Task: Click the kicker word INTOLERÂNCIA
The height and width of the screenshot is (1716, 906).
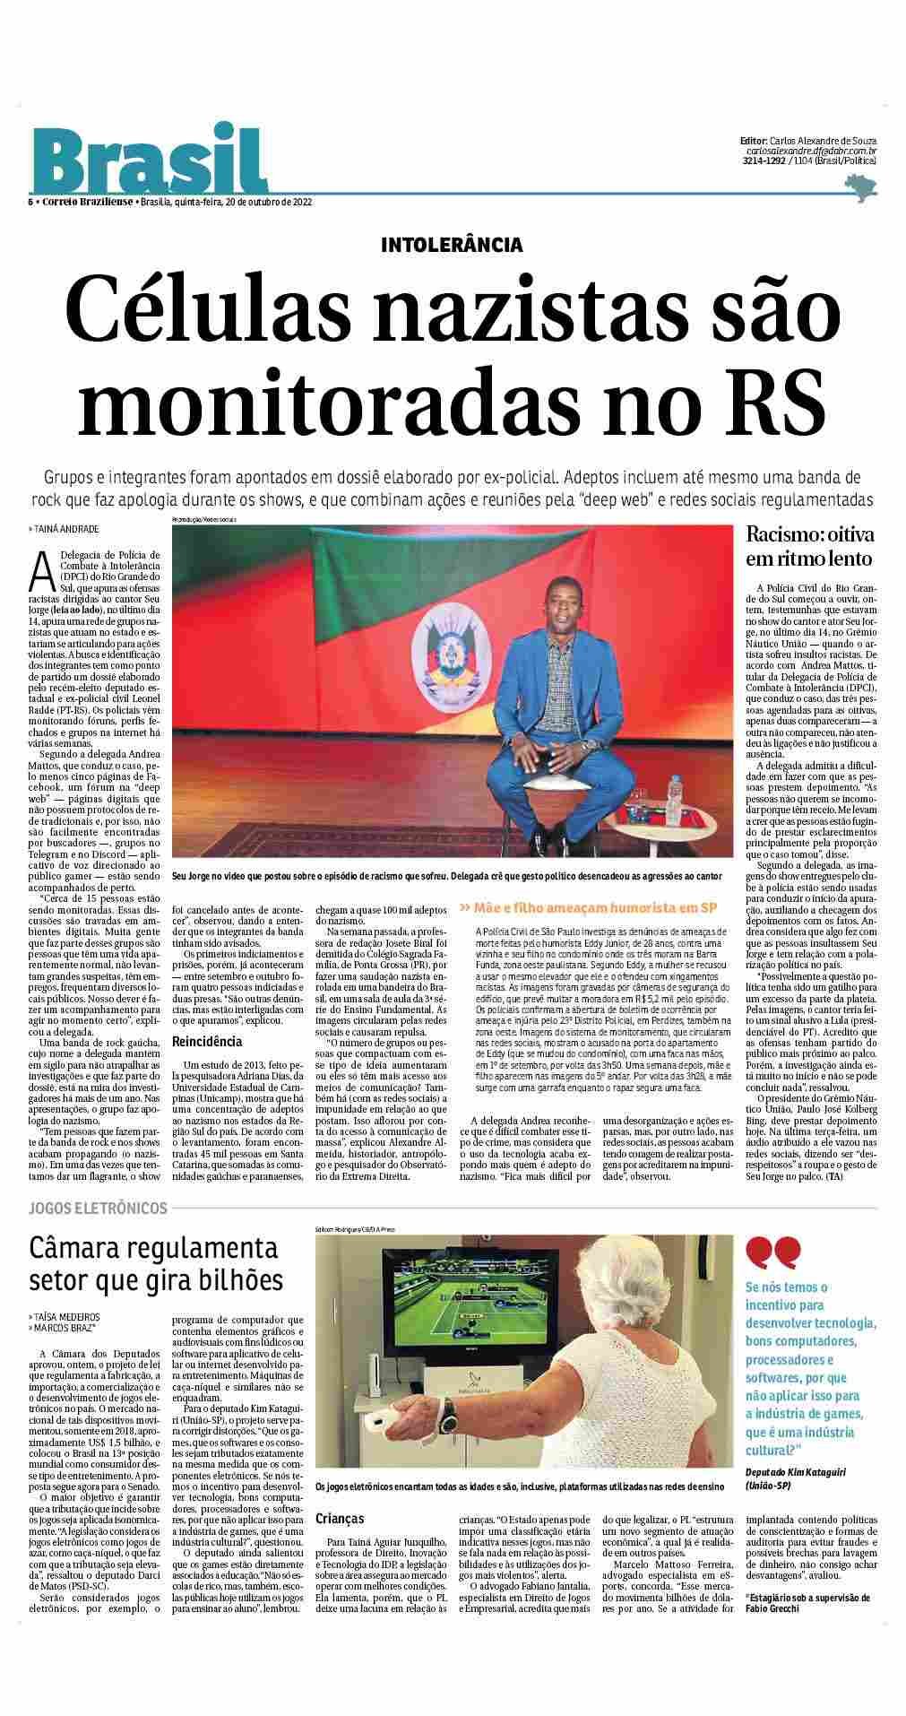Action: pyautogui.click(x=452, y=245)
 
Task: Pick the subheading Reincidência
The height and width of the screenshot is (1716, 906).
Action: pyautogui.click(x=207, y=1042)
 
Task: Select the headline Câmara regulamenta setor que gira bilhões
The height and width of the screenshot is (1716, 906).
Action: pyautogui.click(x=154, y=1262)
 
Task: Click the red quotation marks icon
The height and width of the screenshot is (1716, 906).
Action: pyautogui.click(x=773, y=1252)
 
